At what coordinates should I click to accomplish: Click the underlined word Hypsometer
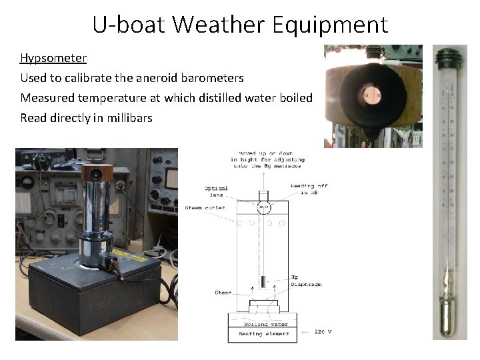(x=53, y=58)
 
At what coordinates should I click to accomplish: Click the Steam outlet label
(x=205, y=208)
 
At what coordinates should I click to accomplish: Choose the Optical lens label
(x=216, y=191)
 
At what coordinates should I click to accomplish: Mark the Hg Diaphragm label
(x=306, y=280)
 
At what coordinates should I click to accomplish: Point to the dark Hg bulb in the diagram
(x=264, y=282)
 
